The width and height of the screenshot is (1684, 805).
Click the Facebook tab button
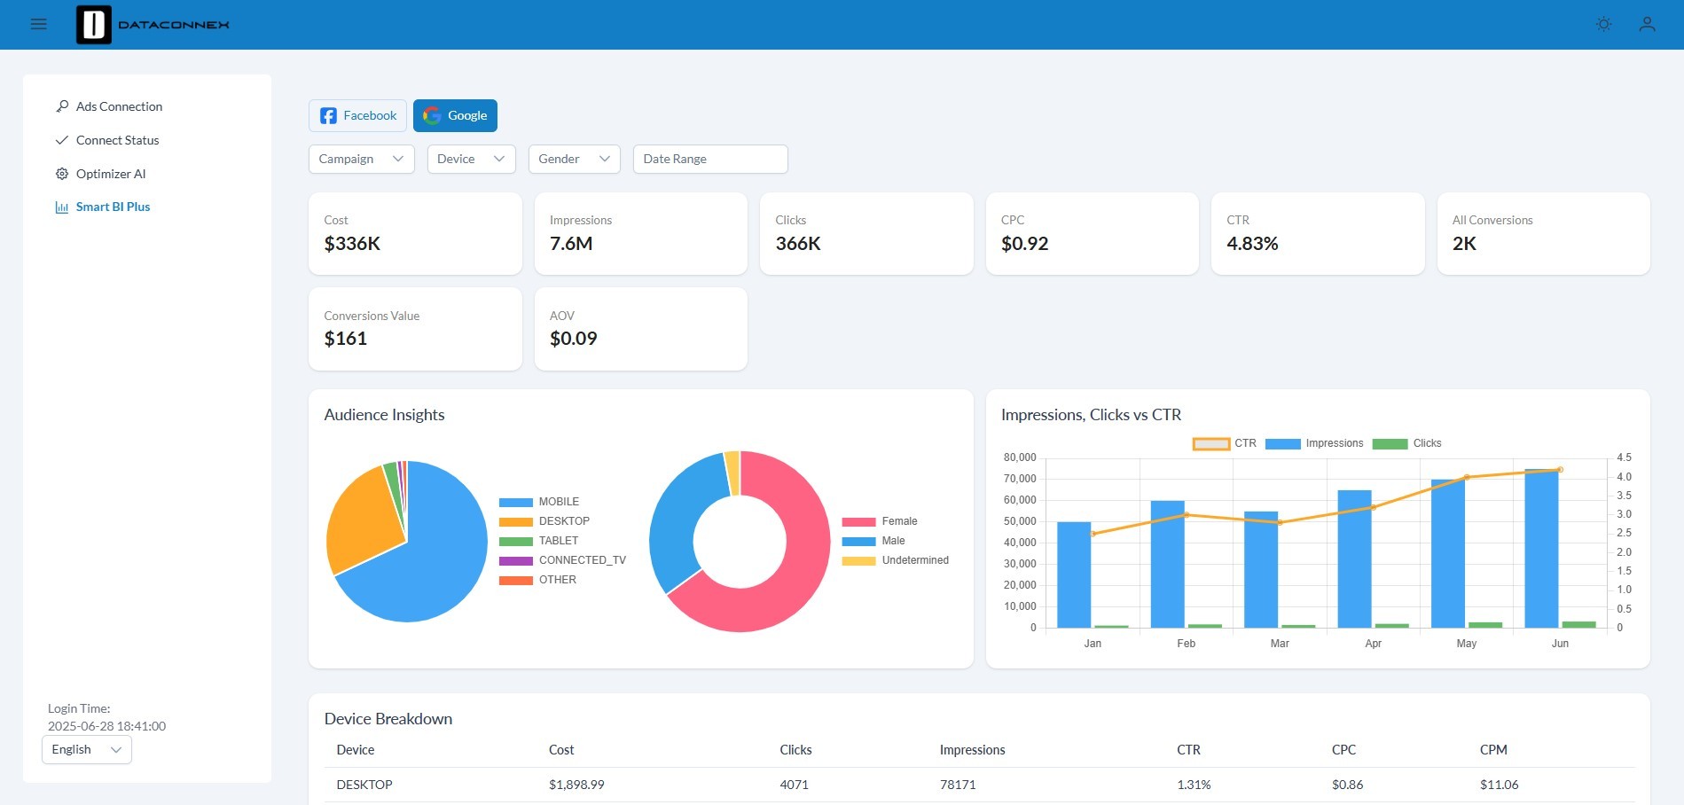(357, 115)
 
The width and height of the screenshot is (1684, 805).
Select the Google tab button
(455, 115)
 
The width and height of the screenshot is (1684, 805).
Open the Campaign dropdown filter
(361, 159)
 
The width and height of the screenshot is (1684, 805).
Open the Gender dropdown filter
(574, 159)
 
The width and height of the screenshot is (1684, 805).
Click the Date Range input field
(710, 159)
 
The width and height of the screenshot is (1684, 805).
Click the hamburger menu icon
(38, 24)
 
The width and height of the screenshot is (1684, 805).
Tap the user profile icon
(1647, 24)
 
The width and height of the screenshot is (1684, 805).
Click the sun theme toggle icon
(1603, 24)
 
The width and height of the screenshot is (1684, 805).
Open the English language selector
(87, 749)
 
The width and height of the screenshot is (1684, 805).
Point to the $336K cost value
(352, 244)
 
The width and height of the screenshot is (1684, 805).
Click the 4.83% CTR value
(1252, 244)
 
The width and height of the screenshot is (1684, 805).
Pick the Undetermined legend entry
(895, 560)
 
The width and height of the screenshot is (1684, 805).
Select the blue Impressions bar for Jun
(1541, 548)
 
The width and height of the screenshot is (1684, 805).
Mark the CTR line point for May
(1467, 477)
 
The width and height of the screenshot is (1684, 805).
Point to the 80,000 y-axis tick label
(1020, 457)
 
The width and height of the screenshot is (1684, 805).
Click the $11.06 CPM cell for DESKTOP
(1499, 785)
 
